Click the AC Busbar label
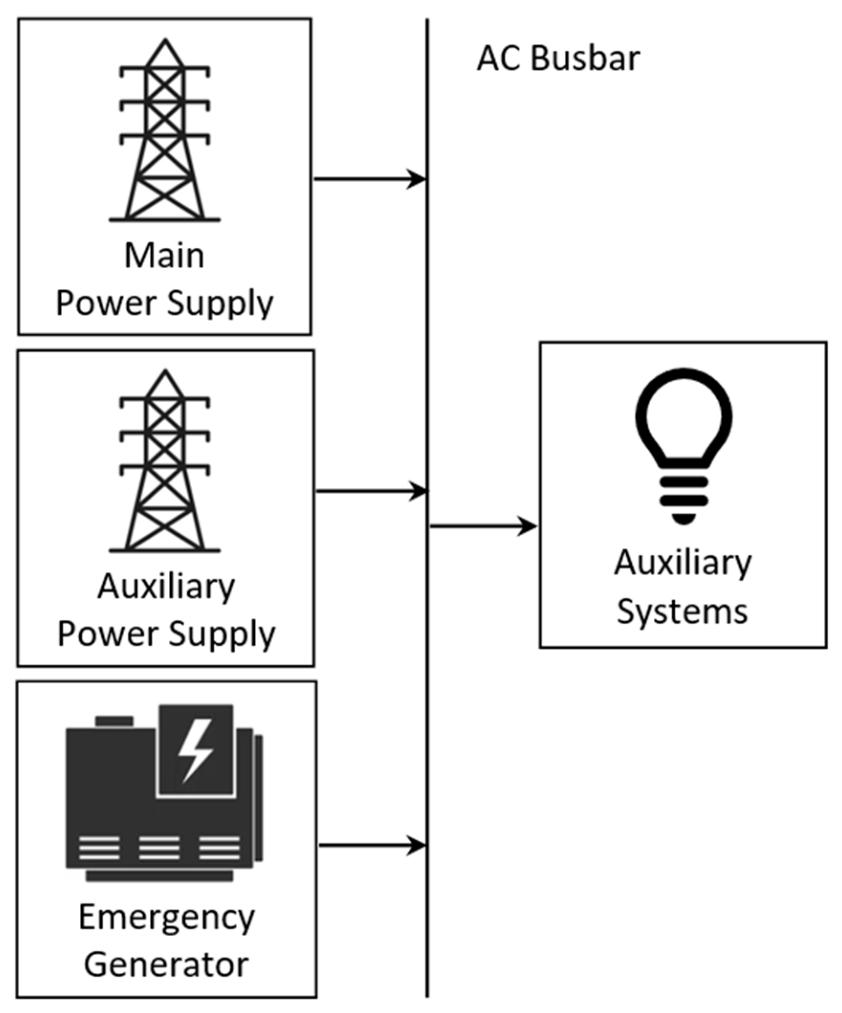pyautogui.click(x=558, y=59)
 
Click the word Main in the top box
pyautogui.click(x=164, y=256)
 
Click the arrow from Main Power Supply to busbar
pyautogui.click(x=370, y=179)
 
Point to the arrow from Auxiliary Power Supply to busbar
pyautogui.click(x=371, y=491)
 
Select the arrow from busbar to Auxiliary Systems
pyautogui.click(x=483, y=526)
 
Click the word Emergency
pyautogui.click(x=166, y=917)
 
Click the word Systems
pyautogui.click(x=682, y=612)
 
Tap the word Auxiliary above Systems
pyautogui.click(x=683, y=563)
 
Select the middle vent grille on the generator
pyautogui.click(x=160, y=848)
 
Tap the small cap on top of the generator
pyautogui.click(x=114, y=721)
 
